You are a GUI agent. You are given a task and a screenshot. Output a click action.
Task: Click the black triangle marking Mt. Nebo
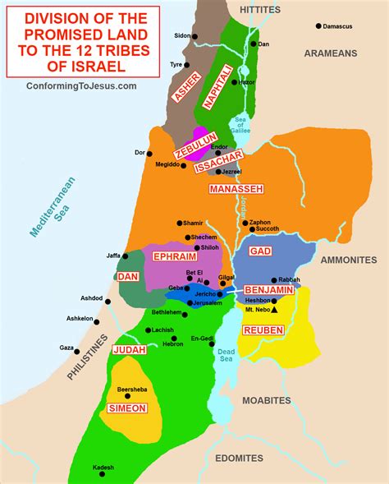[x=274, y=311]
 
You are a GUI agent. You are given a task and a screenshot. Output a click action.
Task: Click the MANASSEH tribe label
[x=236, y=189]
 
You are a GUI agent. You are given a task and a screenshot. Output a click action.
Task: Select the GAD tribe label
[x=260, y=251]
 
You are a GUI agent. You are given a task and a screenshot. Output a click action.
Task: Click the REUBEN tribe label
[x=263, y=330]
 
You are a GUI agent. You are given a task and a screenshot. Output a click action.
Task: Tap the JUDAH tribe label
[x=130, y=349]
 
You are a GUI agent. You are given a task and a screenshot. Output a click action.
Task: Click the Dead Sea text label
[x=226, y=357]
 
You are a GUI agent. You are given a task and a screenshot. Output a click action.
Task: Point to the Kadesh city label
[x=103, y=468]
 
